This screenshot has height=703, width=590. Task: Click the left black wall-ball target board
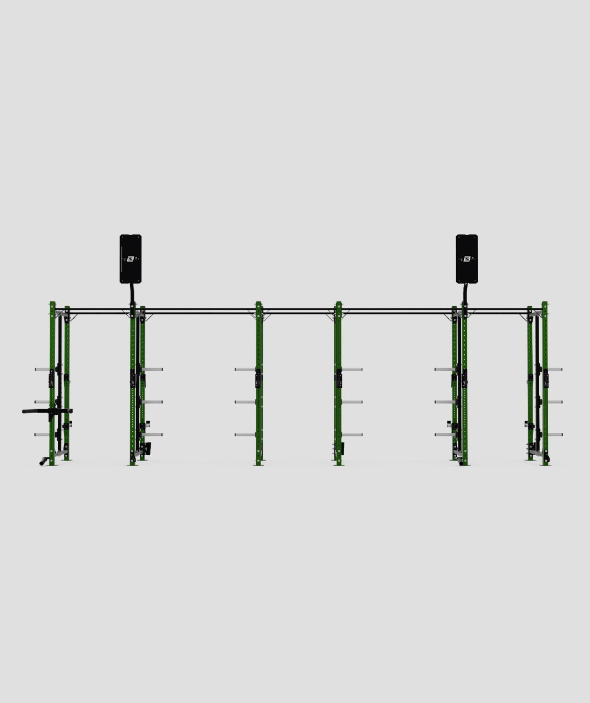point(131,259)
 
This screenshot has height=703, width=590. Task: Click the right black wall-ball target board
point(467,259)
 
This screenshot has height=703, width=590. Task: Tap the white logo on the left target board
point(131,259)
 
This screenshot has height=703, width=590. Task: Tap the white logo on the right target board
point(467,259)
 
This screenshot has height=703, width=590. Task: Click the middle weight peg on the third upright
point(245,402)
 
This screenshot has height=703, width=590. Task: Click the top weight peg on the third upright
point(245,370)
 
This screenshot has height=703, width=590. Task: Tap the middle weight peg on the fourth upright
point(352,402)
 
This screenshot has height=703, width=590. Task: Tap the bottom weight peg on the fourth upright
point(352,435)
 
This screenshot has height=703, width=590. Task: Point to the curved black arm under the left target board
point(131,293)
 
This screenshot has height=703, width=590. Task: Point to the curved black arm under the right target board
point(465,293)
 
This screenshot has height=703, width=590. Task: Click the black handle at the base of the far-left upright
point(43,461)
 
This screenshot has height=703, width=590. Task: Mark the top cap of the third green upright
point(258,303)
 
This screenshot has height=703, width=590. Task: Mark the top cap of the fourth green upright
point(338,303)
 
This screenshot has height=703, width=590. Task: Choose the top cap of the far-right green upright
point(545,303)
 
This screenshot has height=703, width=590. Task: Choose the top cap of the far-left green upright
point(52,303)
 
